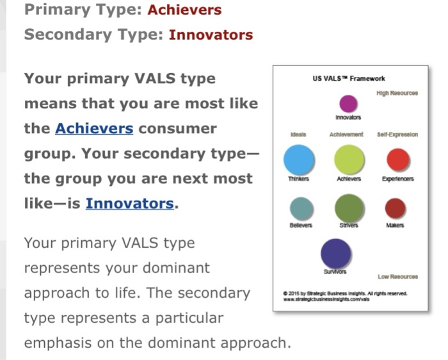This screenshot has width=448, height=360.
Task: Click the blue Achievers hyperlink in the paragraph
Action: pyautogui.click(x=94, y=128)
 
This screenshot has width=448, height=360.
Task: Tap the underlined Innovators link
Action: pyautogui.click(x=129, y=204)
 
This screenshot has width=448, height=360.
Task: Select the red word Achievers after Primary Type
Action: pyautogui.click(x=184, y=10)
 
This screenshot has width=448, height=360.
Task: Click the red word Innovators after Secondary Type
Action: pyautogui.click(x=211, y=35)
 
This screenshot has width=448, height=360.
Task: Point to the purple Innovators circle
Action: pyautogui.click(x=348, y=103)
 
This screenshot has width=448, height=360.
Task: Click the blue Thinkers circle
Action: pyautogui.click(x=299, y=160)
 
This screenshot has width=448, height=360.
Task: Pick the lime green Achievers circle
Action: pyautogui.click(x=349, y=159)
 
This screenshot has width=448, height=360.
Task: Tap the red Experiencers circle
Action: pyautogui.click(x=398, y=159)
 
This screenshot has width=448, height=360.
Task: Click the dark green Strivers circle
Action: pyautogui.click(x=349, y=208)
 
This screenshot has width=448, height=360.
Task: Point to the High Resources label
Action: pyautogui.click(x=397, y=93)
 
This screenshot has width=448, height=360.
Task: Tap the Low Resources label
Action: pyautogui.click(x=398, y=277)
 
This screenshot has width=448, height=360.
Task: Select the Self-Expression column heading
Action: pyautogui.click(x=397, y=135)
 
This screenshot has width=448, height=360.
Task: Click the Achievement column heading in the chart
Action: pyautogui.click(x=346, y=135)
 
